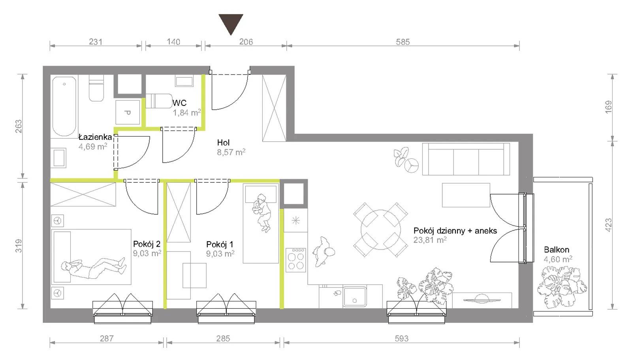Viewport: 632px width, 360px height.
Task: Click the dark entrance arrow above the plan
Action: point(231,24)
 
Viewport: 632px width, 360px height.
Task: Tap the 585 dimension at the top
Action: point(403,42)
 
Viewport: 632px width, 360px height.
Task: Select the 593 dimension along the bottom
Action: point(401,338)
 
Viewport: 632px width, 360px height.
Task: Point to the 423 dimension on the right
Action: point(609,225)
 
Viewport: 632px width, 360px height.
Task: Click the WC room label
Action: point(179,103)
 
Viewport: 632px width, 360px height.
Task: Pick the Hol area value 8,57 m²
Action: point(231,152)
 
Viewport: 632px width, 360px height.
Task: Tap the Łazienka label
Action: point(95,137)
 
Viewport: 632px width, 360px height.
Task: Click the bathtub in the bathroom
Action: point(64,106)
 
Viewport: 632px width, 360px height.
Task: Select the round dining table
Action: point(381,230)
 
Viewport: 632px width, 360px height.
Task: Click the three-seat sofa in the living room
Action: point(466,159)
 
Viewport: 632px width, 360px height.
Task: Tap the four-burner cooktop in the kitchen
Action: point(296,260)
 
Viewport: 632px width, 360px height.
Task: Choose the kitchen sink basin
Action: point(355,296)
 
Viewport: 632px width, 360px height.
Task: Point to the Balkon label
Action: point(557,250)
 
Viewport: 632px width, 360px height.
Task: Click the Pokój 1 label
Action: point(220,244)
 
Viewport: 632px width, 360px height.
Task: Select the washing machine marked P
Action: point(128,112)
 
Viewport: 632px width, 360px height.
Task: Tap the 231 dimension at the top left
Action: point(96,42)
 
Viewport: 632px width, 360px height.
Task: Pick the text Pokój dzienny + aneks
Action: point(455,231)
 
